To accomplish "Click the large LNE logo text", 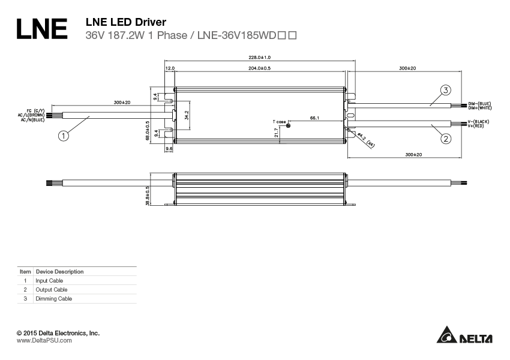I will (x=41, y=29).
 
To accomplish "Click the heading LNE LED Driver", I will (x=126, y=22).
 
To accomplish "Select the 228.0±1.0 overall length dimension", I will (x=259, y=57).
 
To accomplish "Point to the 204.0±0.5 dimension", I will (x=259, y=69).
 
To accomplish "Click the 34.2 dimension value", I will (x=187, y=115).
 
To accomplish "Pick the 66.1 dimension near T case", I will (x=314, y=118).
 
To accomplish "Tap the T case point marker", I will (x=289, y=125).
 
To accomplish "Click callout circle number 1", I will (x=64, y=136).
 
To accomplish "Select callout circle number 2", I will (x=445, y=139).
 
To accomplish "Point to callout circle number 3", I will (x=445, y=91).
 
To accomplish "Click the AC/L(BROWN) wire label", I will (x=30, y=115).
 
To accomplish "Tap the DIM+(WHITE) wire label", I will (x=479, y=107).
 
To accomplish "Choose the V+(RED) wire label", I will (x=477, y=126).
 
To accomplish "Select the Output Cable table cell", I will (x=47, y=289).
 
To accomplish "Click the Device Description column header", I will (x=59, y=271).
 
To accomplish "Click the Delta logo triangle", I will (x=446, y=337).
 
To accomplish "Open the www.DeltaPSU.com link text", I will (x=44, y=340).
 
